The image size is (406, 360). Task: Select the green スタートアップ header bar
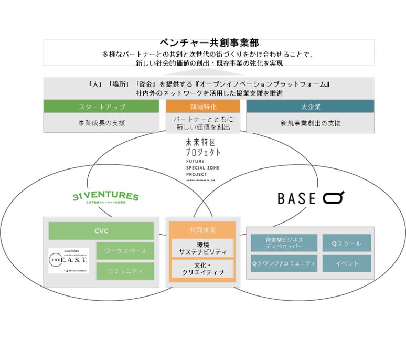(101, 107)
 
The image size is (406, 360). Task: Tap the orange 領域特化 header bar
(203, 107)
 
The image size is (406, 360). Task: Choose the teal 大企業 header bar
(310, 107)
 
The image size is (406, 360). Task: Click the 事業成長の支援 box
(101, 123)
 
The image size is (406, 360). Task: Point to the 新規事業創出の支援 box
(310, 123)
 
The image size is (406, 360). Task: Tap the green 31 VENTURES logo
(105, 198)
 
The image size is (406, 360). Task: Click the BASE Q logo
(311, 198)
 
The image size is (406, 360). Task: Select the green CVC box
(101, 231)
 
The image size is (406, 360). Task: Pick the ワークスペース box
(125, 251)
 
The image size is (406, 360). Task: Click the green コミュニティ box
(125, 271)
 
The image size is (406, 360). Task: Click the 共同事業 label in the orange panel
(202, 230)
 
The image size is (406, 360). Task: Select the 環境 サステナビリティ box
(202, 248)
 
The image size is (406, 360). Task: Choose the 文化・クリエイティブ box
(202, 269)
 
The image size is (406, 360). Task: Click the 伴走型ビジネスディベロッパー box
(284, 242)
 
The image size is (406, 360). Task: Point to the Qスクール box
(347, 242)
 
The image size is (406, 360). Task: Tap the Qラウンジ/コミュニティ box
(284, 263)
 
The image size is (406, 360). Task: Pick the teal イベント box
(347, 263)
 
